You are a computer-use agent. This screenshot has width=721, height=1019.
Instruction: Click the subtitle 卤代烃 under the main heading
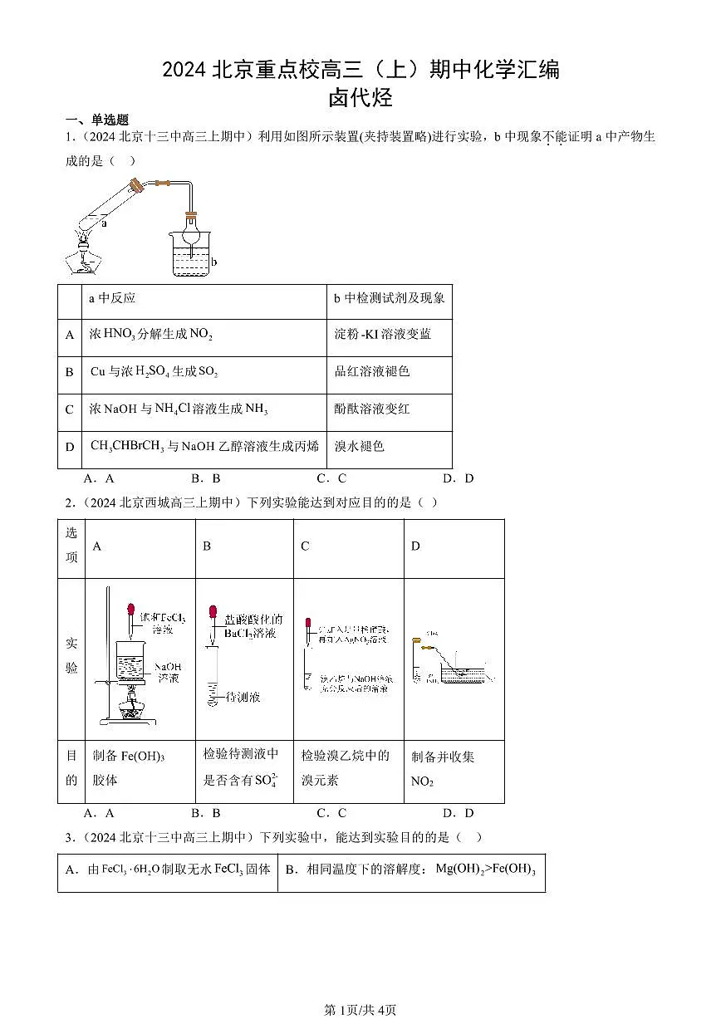pyautogui.click(x=360, y=98)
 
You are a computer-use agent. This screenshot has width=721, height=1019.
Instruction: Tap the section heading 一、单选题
pyautogui.click(x=97, y=120)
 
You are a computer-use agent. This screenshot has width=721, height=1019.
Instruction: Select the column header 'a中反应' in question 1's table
pyautogui.click(x=112, y=298)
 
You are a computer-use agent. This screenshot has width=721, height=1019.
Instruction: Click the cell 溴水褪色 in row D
pyautogui.click(x=360, y=447)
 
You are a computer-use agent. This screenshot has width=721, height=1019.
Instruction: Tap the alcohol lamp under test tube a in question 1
pyautogui.click(x=84, y=257)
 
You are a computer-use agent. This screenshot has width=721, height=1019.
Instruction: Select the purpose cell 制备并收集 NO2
pyautogui.click(x=443, y=768)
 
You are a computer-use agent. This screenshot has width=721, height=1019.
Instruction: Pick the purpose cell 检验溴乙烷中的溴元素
pyautogui.click(x=346, y=767)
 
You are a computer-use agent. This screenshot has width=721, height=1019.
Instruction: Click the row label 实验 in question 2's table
pyautogui.click(x=71, y=655)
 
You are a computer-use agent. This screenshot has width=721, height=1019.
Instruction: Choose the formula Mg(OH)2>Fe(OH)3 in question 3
pyautogui.click(x=485, y=870)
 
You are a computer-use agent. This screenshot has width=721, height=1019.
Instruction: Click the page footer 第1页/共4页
pyautogui.click(x=360, y=1010)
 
